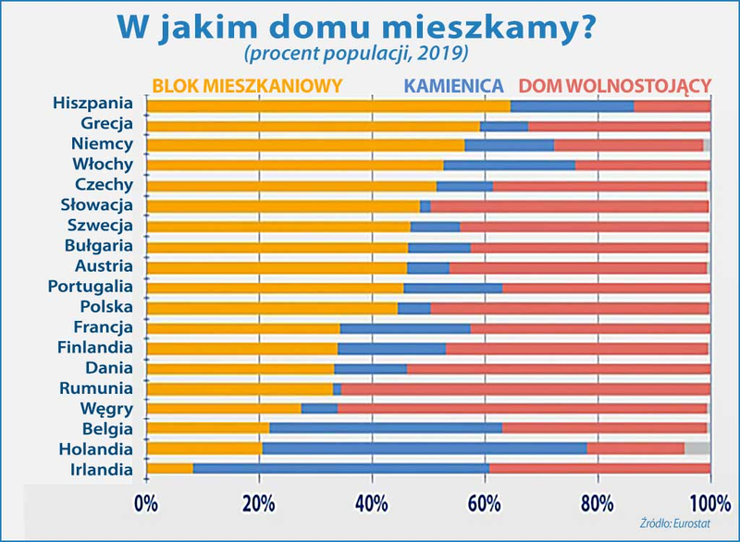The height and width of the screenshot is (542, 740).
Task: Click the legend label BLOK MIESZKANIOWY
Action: point(247,86)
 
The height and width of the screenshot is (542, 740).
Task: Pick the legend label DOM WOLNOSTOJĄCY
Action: point(615,86)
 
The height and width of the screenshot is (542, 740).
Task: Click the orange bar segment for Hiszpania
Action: point(328,105)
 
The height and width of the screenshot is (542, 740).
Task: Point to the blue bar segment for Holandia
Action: point(424,449)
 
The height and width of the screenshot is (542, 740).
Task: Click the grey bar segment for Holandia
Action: point(697,449)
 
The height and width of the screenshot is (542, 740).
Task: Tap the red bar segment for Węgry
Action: point(522,408)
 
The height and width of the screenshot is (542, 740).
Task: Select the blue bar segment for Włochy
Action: point(509,166)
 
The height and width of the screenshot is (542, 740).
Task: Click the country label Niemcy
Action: point(103,144)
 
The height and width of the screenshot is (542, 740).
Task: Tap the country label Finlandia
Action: point(95,347)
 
